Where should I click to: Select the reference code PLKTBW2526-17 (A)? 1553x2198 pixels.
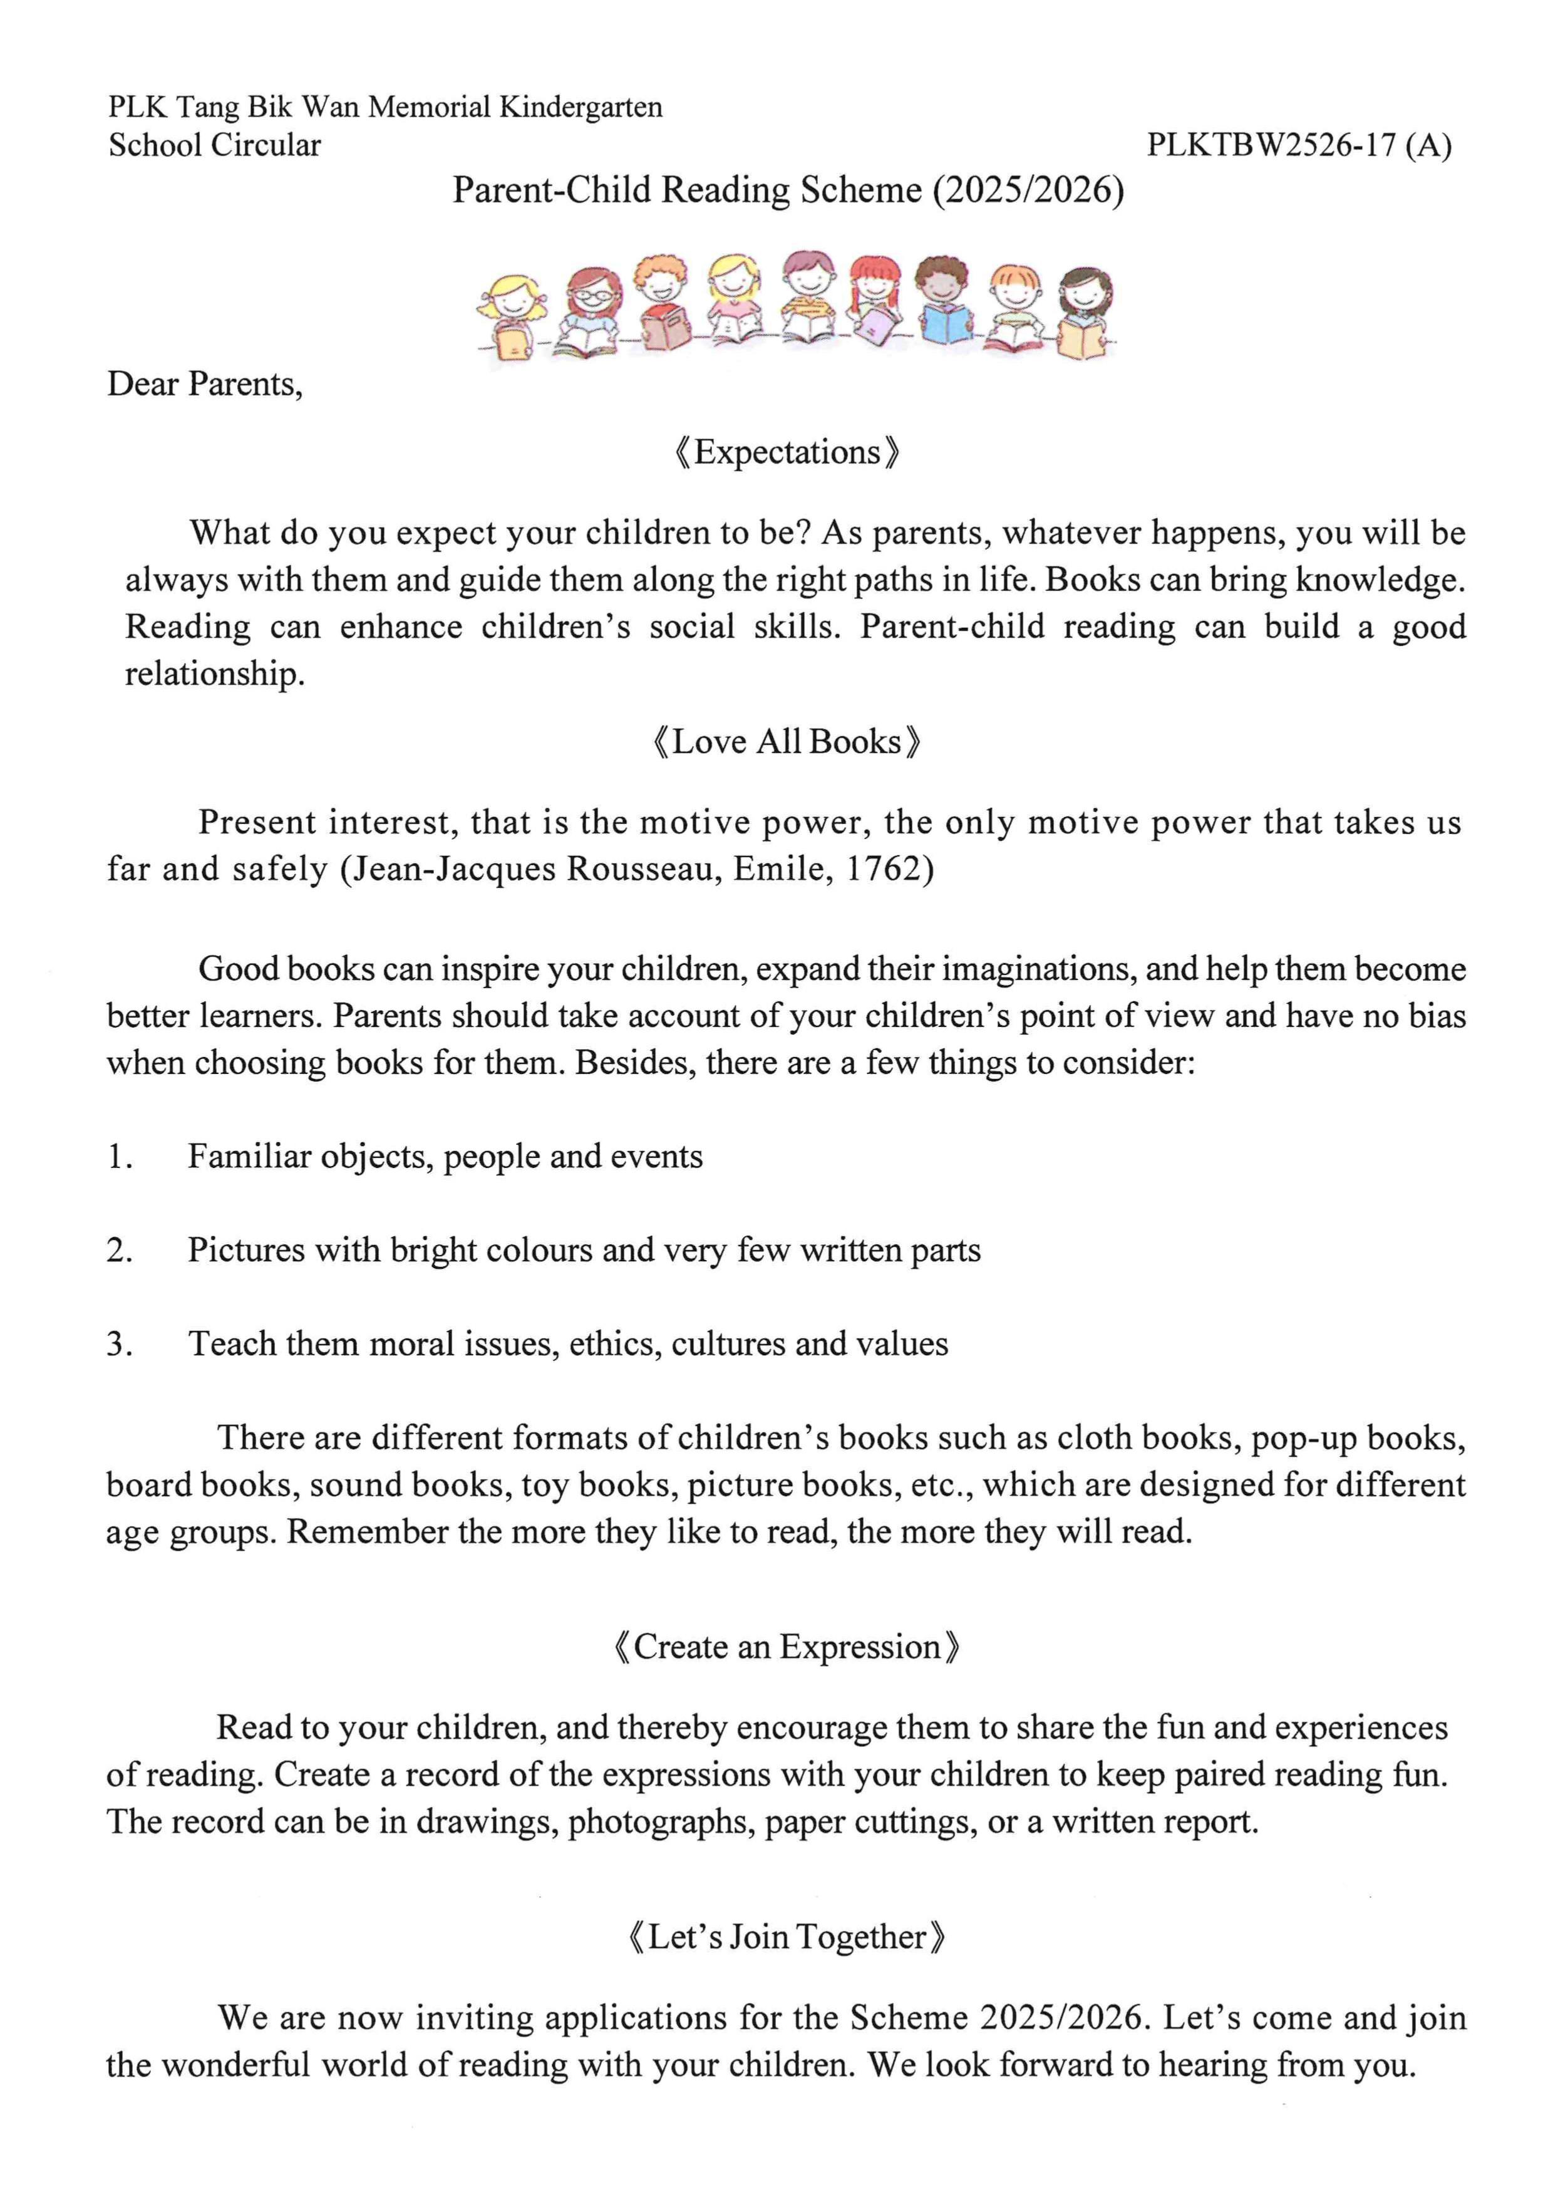tap(1299, 145)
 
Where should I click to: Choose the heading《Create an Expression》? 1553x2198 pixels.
tap(787, 1647)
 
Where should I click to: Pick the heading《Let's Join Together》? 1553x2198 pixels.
tap(787, 1937)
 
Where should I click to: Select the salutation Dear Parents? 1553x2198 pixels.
tap(205, 384)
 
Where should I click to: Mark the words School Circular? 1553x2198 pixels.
tap(214, 145)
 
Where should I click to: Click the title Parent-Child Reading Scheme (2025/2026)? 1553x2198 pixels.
tap(788, 190)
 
